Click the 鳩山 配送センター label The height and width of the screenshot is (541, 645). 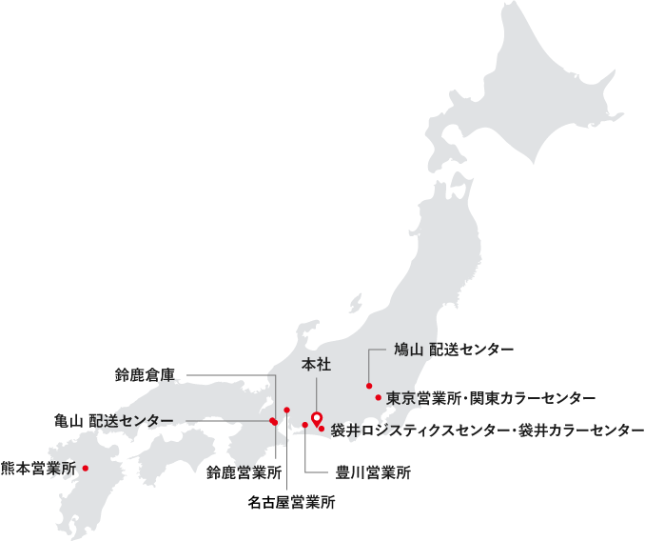453,351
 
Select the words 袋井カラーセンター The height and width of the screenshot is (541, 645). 582,431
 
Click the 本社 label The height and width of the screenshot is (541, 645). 316,364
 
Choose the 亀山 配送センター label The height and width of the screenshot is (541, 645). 114,420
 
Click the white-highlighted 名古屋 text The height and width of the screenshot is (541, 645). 269,501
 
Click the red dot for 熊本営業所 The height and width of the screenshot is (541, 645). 86,468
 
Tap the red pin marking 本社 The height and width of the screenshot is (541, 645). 317,417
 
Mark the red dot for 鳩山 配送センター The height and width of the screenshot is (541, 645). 368,386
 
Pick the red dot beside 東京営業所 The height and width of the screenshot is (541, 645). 379,397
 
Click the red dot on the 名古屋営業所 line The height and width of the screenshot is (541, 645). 286,409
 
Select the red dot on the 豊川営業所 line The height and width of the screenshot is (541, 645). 304,425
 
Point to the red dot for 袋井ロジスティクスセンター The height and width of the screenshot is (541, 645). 322,429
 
